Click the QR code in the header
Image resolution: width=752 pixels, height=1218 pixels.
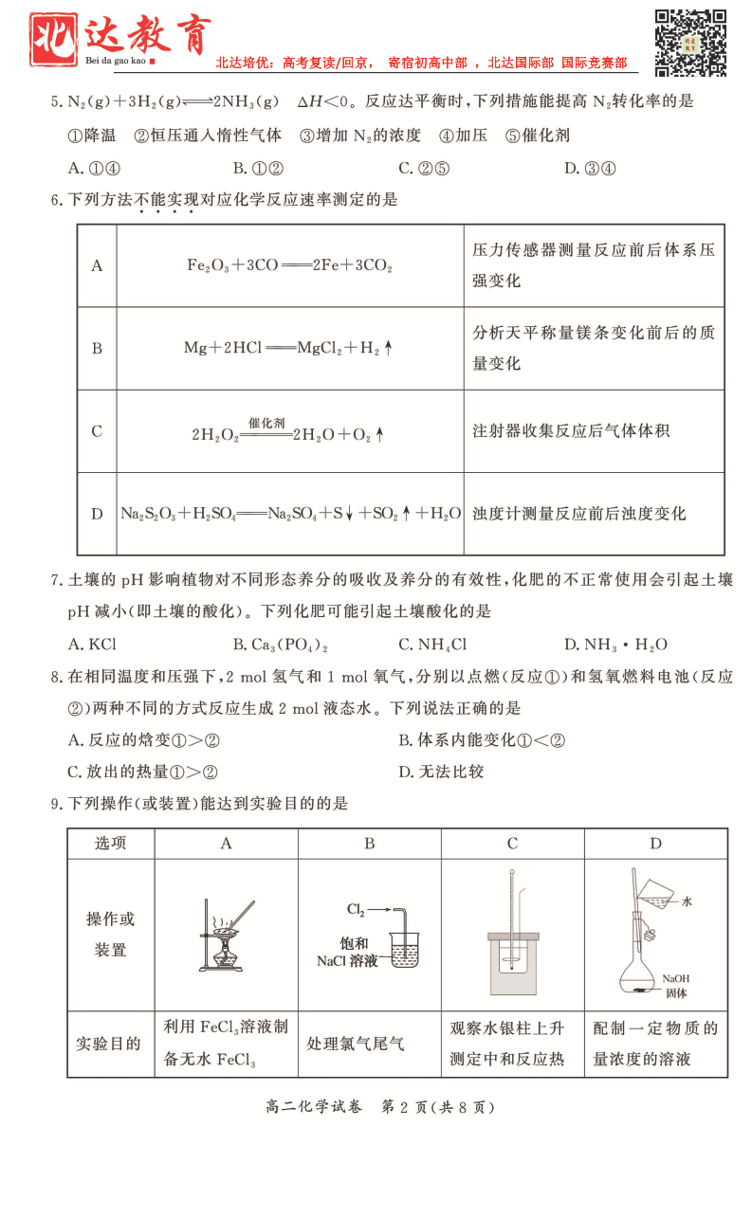(691, 42)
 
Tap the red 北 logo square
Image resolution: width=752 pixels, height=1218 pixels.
(53, 40)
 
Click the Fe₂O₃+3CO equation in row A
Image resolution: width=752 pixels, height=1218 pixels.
(289, 266)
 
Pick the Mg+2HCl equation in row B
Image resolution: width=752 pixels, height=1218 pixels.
(288, 348)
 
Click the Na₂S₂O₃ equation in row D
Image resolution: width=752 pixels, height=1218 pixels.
(290, 514)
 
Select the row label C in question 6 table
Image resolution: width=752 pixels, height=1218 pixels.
(97, 431)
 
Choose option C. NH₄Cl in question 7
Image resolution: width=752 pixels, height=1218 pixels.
(432, 645)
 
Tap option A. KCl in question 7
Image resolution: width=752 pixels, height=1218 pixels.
(92, 645)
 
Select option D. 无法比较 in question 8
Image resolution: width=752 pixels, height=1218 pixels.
(441, 772)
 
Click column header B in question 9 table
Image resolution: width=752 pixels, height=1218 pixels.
(369, 844)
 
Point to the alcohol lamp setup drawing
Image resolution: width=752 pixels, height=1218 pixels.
(225, 935)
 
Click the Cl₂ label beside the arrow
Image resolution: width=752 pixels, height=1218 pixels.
(356, 910)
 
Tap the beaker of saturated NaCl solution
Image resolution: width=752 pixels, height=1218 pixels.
(406, 948)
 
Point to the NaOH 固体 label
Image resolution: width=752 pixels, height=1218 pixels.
(676, 986)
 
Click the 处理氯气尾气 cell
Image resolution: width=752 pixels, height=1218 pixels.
(356, 1044)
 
